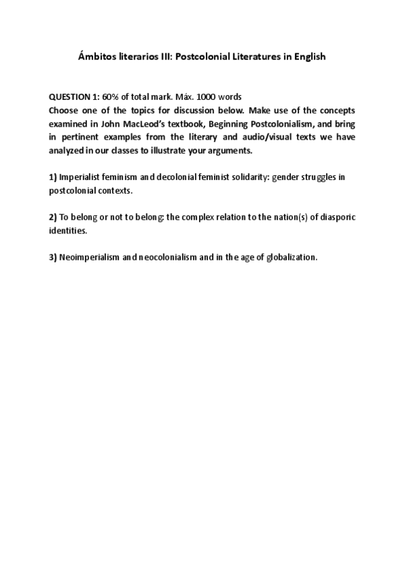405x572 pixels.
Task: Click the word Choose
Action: [x=65, y=110]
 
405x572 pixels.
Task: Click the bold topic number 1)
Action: [x=53, y=177]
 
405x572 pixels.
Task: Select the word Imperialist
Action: [x=82, y=177]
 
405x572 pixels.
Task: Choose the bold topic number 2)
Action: [x=53, y=217]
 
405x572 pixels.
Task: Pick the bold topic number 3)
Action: [x=53, y=257]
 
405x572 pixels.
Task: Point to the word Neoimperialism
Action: [x=90, y=257]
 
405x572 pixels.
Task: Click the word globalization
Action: [x=291, y=257]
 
